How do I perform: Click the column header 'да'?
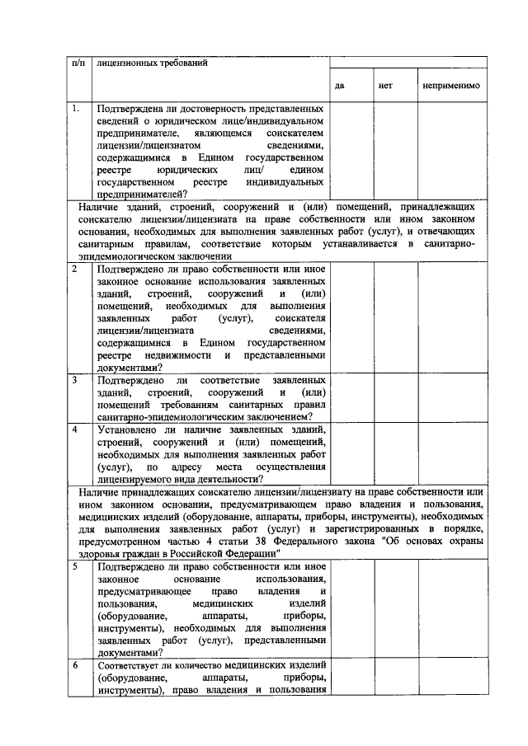click(340, 85)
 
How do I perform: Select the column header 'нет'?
click(384, 85)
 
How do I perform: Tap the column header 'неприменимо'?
click(450, 85)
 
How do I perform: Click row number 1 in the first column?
click(76, 108)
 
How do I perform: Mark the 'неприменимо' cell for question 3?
click(452, 398)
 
